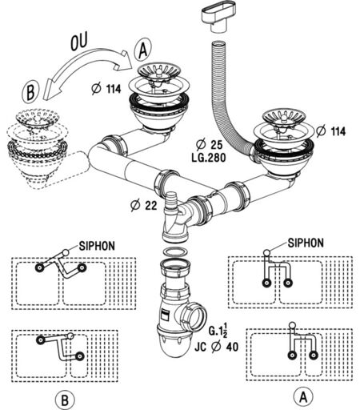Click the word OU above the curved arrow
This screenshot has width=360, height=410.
click(79, 42)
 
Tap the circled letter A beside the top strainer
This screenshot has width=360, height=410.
click(143, 50)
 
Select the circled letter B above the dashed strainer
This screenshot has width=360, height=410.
click(30, 91)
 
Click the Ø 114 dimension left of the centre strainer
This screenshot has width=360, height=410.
click(106, 89)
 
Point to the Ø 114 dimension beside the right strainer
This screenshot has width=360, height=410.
click(331, 131)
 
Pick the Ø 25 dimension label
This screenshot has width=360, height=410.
click(209, 145)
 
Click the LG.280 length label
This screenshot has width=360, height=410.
click(209, 158)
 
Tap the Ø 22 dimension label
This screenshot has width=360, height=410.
click(144, 205)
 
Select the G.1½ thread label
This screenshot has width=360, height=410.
click(218, 330)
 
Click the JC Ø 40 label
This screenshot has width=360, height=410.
click(216, 347)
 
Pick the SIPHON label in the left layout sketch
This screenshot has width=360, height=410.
click(97, 246)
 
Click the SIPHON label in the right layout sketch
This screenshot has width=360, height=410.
click(306, 243)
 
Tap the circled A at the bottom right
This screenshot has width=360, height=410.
click(303, 397)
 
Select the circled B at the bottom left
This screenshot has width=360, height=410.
click(65, 400)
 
